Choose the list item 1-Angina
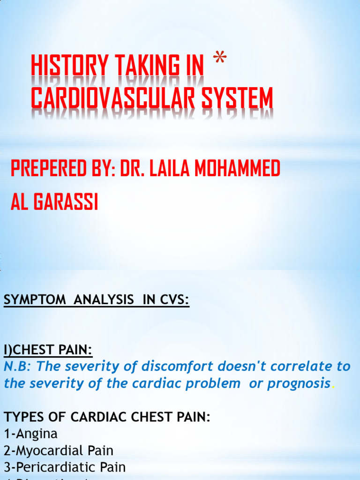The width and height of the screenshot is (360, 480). [30, 434]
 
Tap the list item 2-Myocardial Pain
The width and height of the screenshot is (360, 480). [59, 450]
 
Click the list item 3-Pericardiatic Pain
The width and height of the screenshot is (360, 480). [65, 467]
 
